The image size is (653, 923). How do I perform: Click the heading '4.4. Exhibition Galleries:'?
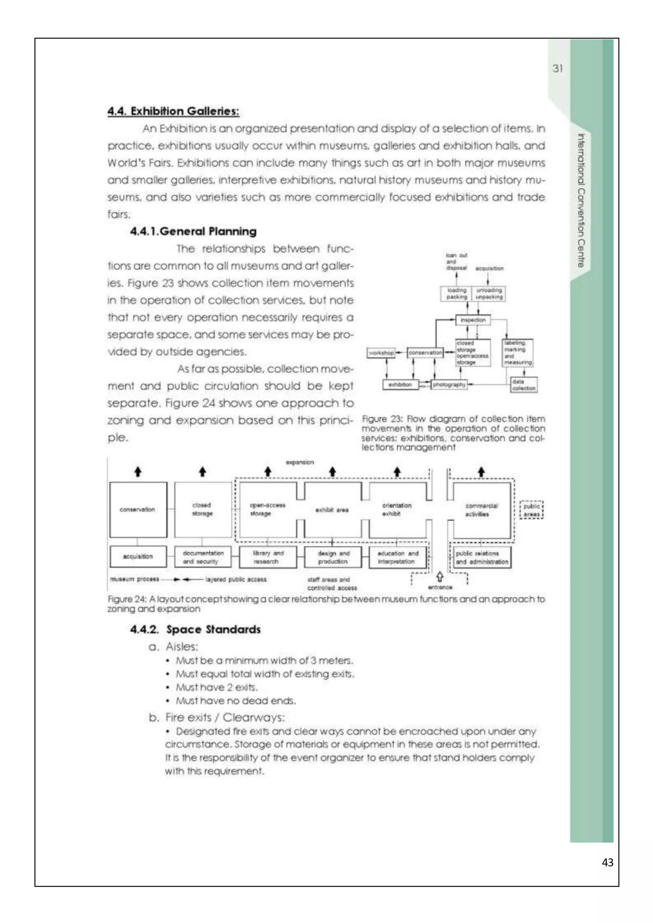pyautogui.click(x=173, y=111)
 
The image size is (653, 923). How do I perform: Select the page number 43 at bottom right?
pyautogui.click(x=607, y=862)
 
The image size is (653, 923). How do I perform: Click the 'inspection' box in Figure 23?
pyautogui.click(x=473, y=320)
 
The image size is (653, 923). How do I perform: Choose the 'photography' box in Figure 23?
pyautogui.click(x=449, y=385)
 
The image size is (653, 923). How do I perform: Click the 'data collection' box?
pyautogui.click(x=524, y=385)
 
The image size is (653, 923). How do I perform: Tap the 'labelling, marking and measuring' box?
pyautogui.click(x=518, y=352)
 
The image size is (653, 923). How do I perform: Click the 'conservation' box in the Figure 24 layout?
pyautogui.click(x=138, y=510)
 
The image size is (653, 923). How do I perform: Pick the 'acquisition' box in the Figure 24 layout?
pyautogui.click(x=138, y=556)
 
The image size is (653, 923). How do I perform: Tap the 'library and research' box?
pyautogui.click(x=268, y=557)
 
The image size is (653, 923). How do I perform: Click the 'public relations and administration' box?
pyautogui.click(x=482, y=557)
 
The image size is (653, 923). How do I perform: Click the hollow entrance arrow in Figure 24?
pyautogui.click(x=440, y=577)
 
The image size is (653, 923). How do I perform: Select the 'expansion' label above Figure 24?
pyautogui.click(x=300, y=462)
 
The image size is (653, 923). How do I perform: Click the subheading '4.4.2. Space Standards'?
pyautogui.click(x=195, y=629)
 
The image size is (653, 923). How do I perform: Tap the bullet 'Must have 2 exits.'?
pyautogui.click(x=216, y=687)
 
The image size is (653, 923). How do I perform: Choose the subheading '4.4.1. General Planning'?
pyautogui.click(x=194, y=232)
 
